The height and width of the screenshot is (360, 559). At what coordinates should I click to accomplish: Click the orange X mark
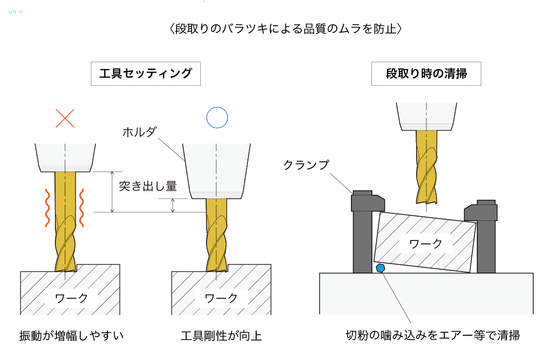point(65,119)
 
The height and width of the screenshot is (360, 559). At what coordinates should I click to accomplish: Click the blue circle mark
point(217,108)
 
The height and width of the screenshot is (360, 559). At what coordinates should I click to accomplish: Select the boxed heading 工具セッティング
point(146,74)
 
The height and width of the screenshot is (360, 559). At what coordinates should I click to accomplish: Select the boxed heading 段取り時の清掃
point(426,74)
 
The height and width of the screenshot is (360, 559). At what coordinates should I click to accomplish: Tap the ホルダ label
point(140,132)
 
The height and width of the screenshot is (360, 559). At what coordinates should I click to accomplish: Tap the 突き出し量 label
point(148,186)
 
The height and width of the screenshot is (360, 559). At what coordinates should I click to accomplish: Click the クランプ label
point(306,165)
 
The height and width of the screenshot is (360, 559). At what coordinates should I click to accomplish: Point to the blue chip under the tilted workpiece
point(381,268)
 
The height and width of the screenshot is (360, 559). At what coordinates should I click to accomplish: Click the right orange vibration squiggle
point(81,208)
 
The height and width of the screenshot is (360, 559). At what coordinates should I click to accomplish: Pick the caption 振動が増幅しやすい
point(71,336)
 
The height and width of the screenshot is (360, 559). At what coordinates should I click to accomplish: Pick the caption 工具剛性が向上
point(221,336)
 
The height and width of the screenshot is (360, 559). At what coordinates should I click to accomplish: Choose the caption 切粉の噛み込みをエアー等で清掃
point(433,335)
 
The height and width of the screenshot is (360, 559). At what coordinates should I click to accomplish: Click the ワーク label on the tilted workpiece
point(426,244)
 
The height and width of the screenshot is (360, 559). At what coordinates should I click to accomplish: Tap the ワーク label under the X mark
point(71,298)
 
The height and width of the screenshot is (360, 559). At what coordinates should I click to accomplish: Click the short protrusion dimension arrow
point(173,206)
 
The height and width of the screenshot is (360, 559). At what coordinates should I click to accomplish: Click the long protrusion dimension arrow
point(112,192)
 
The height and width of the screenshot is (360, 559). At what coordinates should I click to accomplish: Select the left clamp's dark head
point(367,202)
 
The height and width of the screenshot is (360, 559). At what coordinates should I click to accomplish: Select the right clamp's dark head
point(481,211)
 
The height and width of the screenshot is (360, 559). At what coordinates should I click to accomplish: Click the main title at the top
point(285,29)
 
